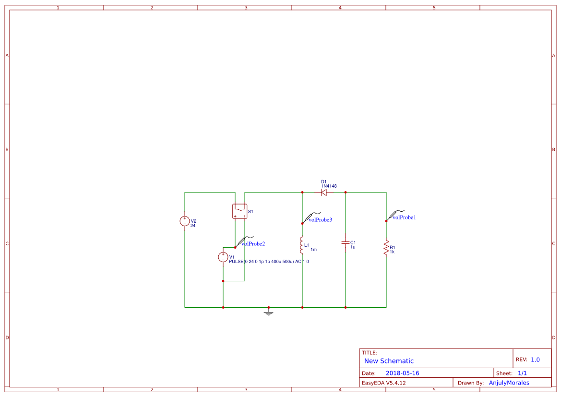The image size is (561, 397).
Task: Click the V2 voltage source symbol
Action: pyautogui.click(x=185, y=221)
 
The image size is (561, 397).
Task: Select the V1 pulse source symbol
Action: pyautogui.click(x=223, y=257)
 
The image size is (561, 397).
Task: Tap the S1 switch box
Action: pyautogui.click(x=240, y=211)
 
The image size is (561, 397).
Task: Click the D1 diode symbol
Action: pyautogui.click(x=324, y=192)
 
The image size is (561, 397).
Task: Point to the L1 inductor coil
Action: pyautogui.click(x=301, y=245)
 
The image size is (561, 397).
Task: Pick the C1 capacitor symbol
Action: pyautogui.click(x=345, y=243)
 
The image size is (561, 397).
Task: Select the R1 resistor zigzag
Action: pyautogui.click(x=386, y=248)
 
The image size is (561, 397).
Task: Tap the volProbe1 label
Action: pyautogui.click(x=404, y=217)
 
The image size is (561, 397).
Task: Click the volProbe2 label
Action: pyautogui.click(x=253, y=244)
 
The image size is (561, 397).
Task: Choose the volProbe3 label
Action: pyautogui.click(x=320, y=220)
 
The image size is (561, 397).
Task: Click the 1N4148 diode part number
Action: pyautogui.click(x=329, y=186)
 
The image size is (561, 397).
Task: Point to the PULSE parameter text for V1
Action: pyautogui.click(x=269, y=262)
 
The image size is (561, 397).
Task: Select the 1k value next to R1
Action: pyautogui.click(x=392, y=252)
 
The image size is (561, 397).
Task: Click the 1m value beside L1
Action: pyautogui.click(x=314, y=250)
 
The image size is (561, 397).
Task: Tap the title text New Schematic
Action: pyautogui.click(x=389, y=361)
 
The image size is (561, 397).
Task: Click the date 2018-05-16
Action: pyautogui.click(x=403, y=373)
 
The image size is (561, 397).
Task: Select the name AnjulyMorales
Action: pyautogui.click(x=509, y=383)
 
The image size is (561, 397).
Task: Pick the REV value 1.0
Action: pyautogui.click(x=535, y=360)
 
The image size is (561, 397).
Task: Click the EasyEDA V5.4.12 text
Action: pyautogui.click(x=384, y=383)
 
